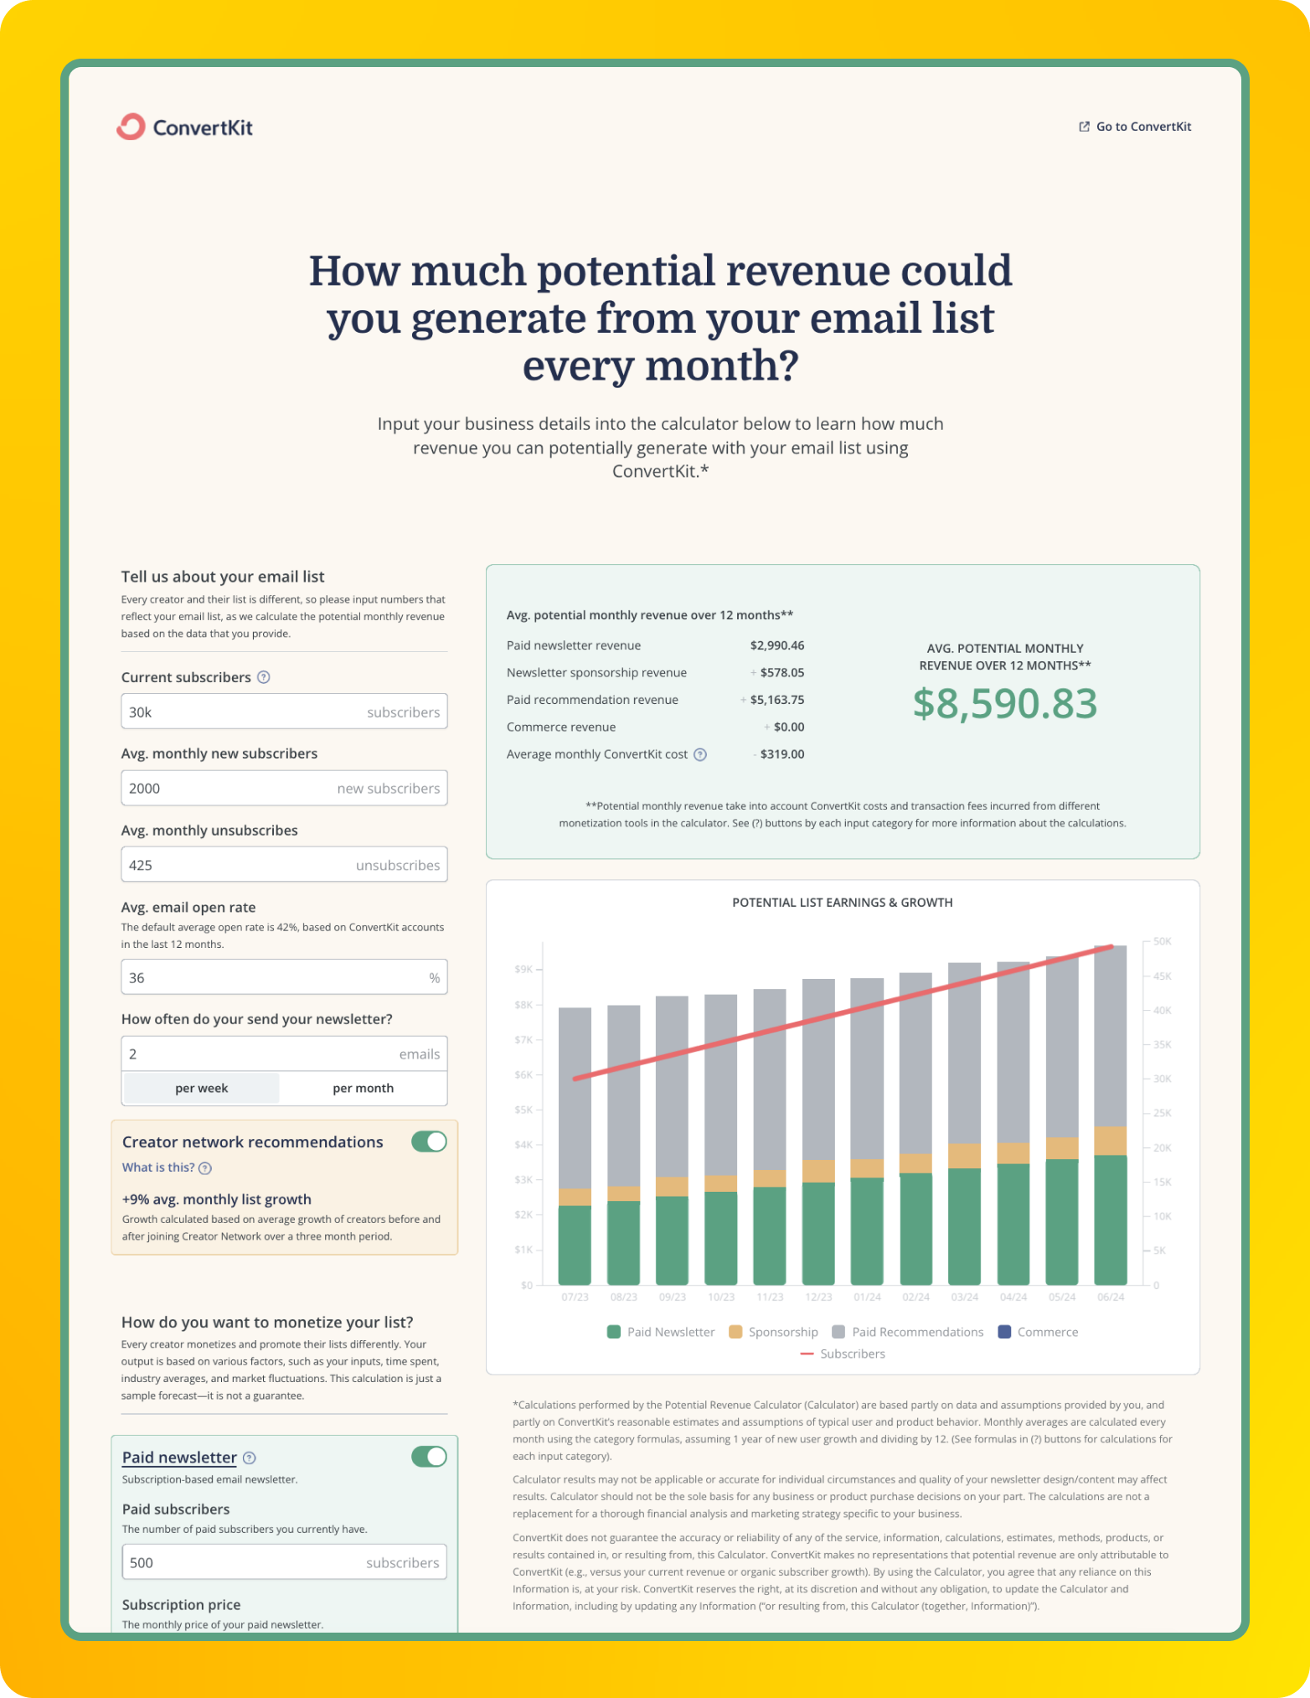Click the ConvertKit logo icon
tap(131, 127)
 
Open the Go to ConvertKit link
tap(1135, 127)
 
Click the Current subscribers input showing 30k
tap(284, 712)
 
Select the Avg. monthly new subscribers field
tap(284, 788)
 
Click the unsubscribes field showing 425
tap(284, 865)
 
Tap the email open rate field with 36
tap(284, 977)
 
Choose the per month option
tap(363, 1088)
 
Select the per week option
tap(202, 1088)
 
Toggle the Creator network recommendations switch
tap(429, 1141)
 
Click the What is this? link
tap(158, 1167)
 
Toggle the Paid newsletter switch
tap(429, 1457)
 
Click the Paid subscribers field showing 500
tap(284, 1562)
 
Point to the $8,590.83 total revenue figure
tap(1004, 703)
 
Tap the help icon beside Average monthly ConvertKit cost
tap(700, 754)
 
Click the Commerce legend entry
tap(1039, 1332)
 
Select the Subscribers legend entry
tap(843, 1354)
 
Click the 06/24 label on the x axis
tap(1111, 1297)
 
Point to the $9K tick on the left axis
tap(523, 969)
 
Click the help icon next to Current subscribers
tap(263, 677)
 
